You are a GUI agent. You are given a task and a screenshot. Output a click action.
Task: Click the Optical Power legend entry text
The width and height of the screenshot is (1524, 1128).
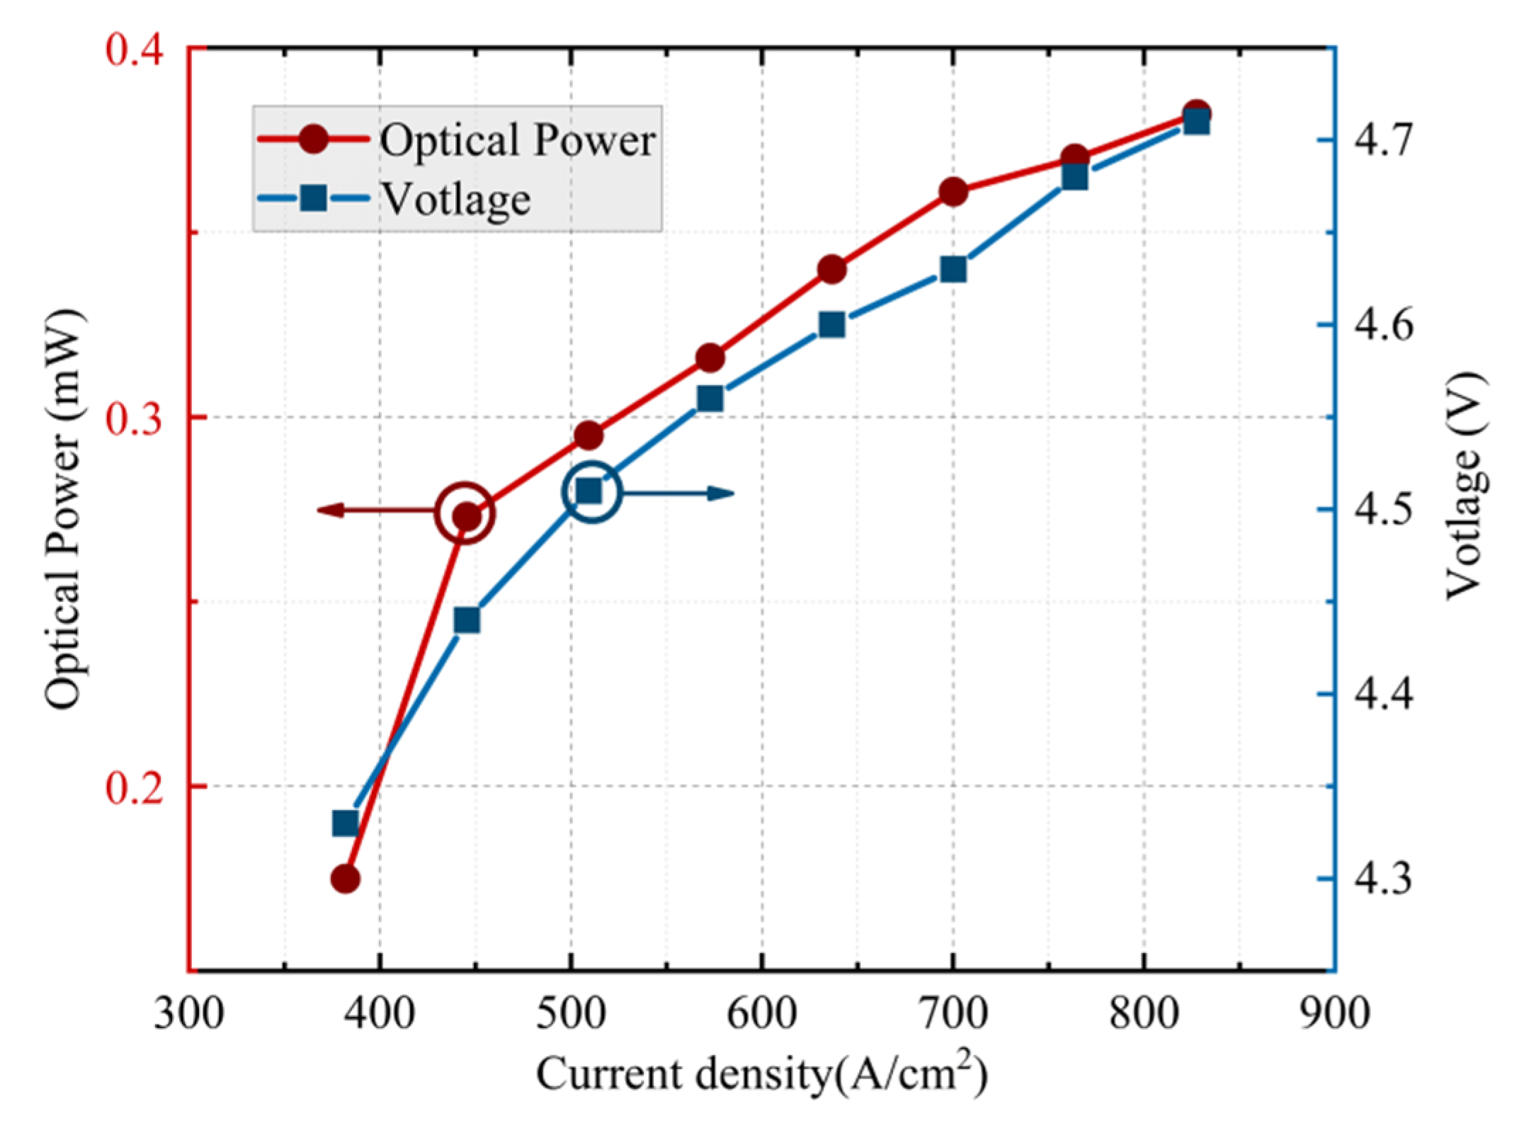[517, 139]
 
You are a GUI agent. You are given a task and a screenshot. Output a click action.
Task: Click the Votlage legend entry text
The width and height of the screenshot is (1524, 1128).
[456, 199]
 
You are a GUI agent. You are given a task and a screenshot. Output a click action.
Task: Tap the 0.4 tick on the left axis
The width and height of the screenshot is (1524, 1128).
[135, 50]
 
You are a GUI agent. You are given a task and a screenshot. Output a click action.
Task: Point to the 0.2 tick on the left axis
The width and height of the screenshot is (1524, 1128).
[135, 787]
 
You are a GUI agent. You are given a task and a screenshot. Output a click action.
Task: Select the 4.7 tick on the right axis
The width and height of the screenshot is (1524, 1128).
[1383, 139]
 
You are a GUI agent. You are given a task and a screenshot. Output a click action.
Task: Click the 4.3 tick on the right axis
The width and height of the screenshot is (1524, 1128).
[1383, 878]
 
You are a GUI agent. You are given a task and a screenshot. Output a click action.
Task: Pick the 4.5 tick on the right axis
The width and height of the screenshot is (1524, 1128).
[1383, 509]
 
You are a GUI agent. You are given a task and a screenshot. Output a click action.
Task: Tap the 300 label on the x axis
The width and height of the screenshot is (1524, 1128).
[189, 1013]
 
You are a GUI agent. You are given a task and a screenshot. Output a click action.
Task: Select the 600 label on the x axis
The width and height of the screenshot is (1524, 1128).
[762, 1013]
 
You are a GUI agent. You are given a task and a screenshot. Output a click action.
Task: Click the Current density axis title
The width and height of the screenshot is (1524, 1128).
[761, 1074]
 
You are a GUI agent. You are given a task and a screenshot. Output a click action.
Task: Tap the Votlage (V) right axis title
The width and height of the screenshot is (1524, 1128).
[1465, 486]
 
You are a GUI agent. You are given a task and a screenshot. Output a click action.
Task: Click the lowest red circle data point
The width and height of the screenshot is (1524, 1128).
[345, 879]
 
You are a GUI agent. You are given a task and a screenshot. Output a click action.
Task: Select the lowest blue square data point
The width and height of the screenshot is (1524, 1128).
[345, 824]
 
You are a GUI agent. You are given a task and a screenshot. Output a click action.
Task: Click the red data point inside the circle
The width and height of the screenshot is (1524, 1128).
[465, 517]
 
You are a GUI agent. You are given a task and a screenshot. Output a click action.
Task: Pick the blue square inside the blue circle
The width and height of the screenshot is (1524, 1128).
[589, 491]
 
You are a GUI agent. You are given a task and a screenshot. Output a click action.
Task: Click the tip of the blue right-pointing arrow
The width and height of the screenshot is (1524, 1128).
[734, 494]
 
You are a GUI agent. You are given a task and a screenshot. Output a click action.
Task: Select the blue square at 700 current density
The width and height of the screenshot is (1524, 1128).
[953, 269]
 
